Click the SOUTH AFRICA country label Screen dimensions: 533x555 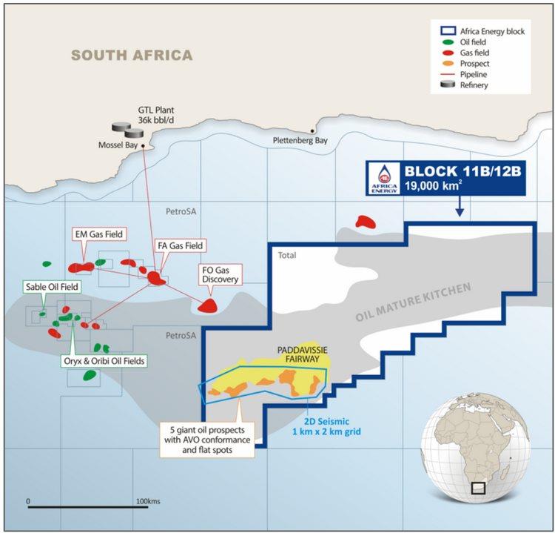132,56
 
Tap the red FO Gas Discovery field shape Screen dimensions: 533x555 209,305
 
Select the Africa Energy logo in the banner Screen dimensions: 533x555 383,179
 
